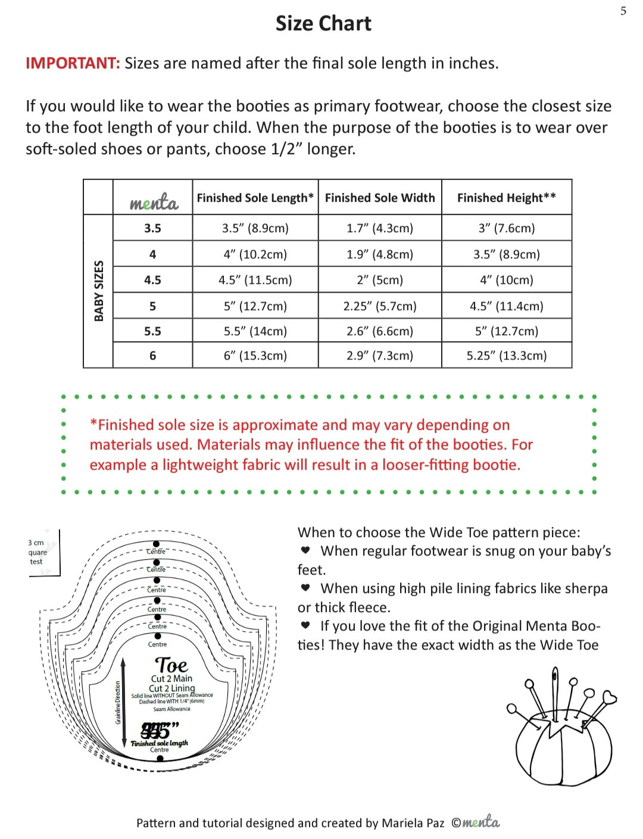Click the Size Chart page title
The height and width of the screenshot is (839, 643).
tap(323, 24)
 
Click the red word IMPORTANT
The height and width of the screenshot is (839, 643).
tap(73, 63)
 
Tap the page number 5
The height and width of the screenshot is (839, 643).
tap(623, 11)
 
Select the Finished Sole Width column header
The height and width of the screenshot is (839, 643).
tap(380, 198)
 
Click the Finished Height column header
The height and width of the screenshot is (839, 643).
tap(506, 198)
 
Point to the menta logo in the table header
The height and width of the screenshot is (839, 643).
tap(154, 202)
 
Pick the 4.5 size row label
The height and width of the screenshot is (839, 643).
tap(152, 280)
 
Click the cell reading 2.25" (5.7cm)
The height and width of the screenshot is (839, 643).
tap(380, 306)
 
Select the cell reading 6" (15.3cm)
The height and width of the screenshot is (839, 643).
tap(255, 355)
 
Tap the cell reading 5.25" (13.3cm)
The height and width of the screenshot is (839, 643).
tap(506, 355)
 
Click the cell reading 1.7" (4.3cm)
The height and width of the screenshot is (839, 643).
tap(380, 228)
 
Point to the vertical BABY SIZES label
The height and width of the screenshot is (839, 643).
tap(99, 291)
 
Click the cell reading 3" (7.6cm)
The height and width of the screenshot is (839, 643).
tap(506, 228)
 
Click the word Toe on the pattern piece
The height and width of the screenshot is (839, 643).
tap(171, 665)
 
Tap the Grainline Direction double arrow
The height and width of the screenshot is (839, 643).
tap(123, 703)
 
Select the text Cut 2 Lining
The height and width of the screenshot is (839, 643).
tap(171, 688)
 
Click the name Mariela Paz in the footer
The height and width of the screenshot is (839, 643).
tap(413, 823)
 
